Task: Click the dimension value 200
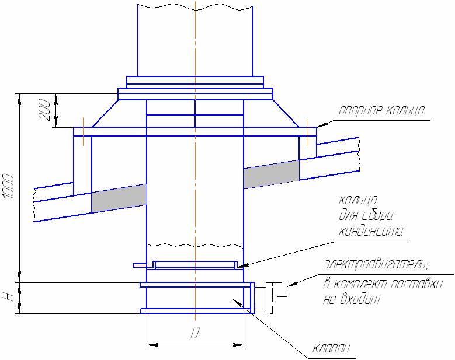(45, 110)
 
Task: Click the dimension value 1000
(8, 186)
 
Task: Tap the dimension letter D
(195, 333)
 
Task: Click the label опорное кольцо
(382, 110)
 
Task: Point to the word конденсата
(371, 232)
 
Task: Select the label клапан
(331, 348)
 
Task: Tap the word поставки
(416, 284)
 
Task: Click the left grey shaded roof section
(119, 198)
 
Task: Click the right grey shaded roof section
(272, 174)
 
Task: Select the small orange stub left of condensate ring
(141, 265)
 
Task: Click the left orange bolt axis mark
(84, 131)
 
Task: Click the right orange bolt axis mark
(308, 131)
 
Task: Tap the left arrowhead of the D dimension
(152, 345)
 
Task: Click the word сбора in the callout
(378, 215)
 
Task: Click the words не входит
(352, 299)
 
